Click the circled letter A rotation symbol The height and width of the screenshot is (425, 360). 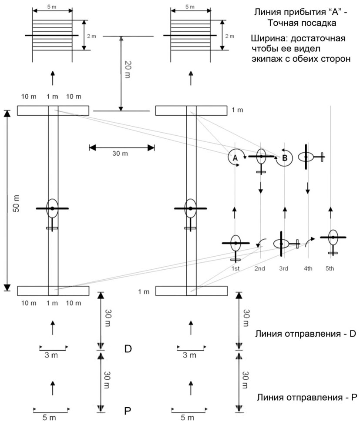[236, 158]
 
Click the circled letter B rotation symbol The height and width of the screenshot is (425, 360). [284, 158]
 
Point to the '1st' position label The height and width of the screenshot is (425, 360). [235, 268]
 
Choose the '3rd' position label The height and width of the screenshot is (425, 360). [284, 268]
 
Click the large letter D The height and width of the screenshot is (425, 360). [128, 349]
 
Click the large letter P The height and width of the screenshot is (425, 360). [128, 411]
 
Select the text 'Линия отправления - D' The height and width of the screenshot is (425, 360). [306, 334]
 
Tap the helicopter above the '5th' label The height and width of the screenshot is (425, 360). [333, 238]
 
